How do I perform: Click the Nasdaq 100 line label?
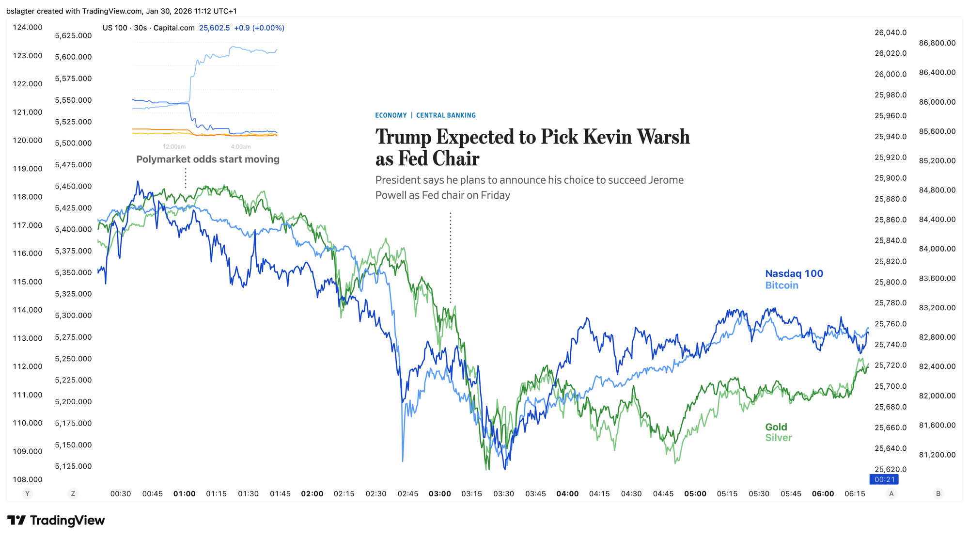tap(794, 273)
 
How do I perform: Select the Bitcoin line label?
tap(781, 285)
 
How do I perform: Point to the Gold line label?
tap(776, 427)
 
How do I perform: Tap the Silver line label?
tap(778, 438)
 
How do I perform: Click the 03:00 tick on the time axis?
tap(439, 493)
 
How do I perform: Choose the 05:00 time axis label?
tap(695, 493)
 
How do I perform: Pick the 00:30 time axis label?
tap(121, 493)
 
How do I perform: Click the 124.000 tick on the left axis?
tap(28, 27)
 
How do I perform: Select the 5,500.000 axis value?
tap(73, 143)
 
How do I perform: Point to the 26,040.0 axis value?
tap(890, 32)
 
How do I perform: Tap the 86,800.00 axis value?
tap(937, 43)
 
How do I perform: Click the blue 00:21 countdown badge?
tap(884, 479)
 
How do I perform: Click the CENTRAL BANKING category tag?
tap(446, 115)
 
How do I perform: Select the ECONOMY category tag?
tap(391, 115)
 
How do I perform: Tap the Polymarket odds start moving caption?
tap(208, 159)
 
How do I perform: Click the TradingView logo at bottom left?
tap(56, 521)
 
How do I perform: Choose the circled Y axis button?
tap(28, 493)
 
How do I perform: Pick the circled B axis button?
tap(938, 493)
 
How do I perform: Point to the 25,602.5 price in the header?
tap(214, 28)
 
